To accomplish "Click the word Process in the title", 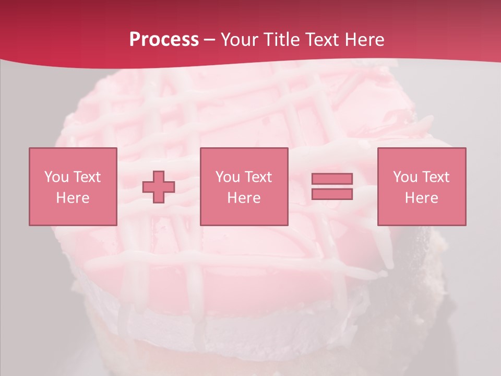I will (x=164, y=40).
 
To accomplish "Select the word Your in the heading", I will (x=241, y=40).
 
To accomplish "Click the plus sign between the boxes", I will (x=159, y=187).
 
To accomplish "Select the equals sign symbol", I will (x=332, y=186).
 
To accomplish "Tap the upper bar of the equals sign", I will (x=332, y=179).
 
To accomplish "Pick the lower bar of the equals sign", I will (x=332, y=194).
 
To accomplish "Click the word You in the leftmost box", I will (x=57, y=177).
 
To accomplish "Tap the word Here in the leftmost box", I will (x=73, y=198).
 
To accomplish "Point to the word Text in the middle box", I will (x=258, y=177).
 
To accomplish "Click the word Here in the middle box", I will (x=244, y=198).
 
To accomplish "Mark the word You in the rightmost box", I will (x=405, y=177).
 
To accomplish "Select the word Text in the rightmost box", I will (x=435, y=177).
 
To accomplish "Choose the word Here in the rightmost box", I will (x=422, y=198).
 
